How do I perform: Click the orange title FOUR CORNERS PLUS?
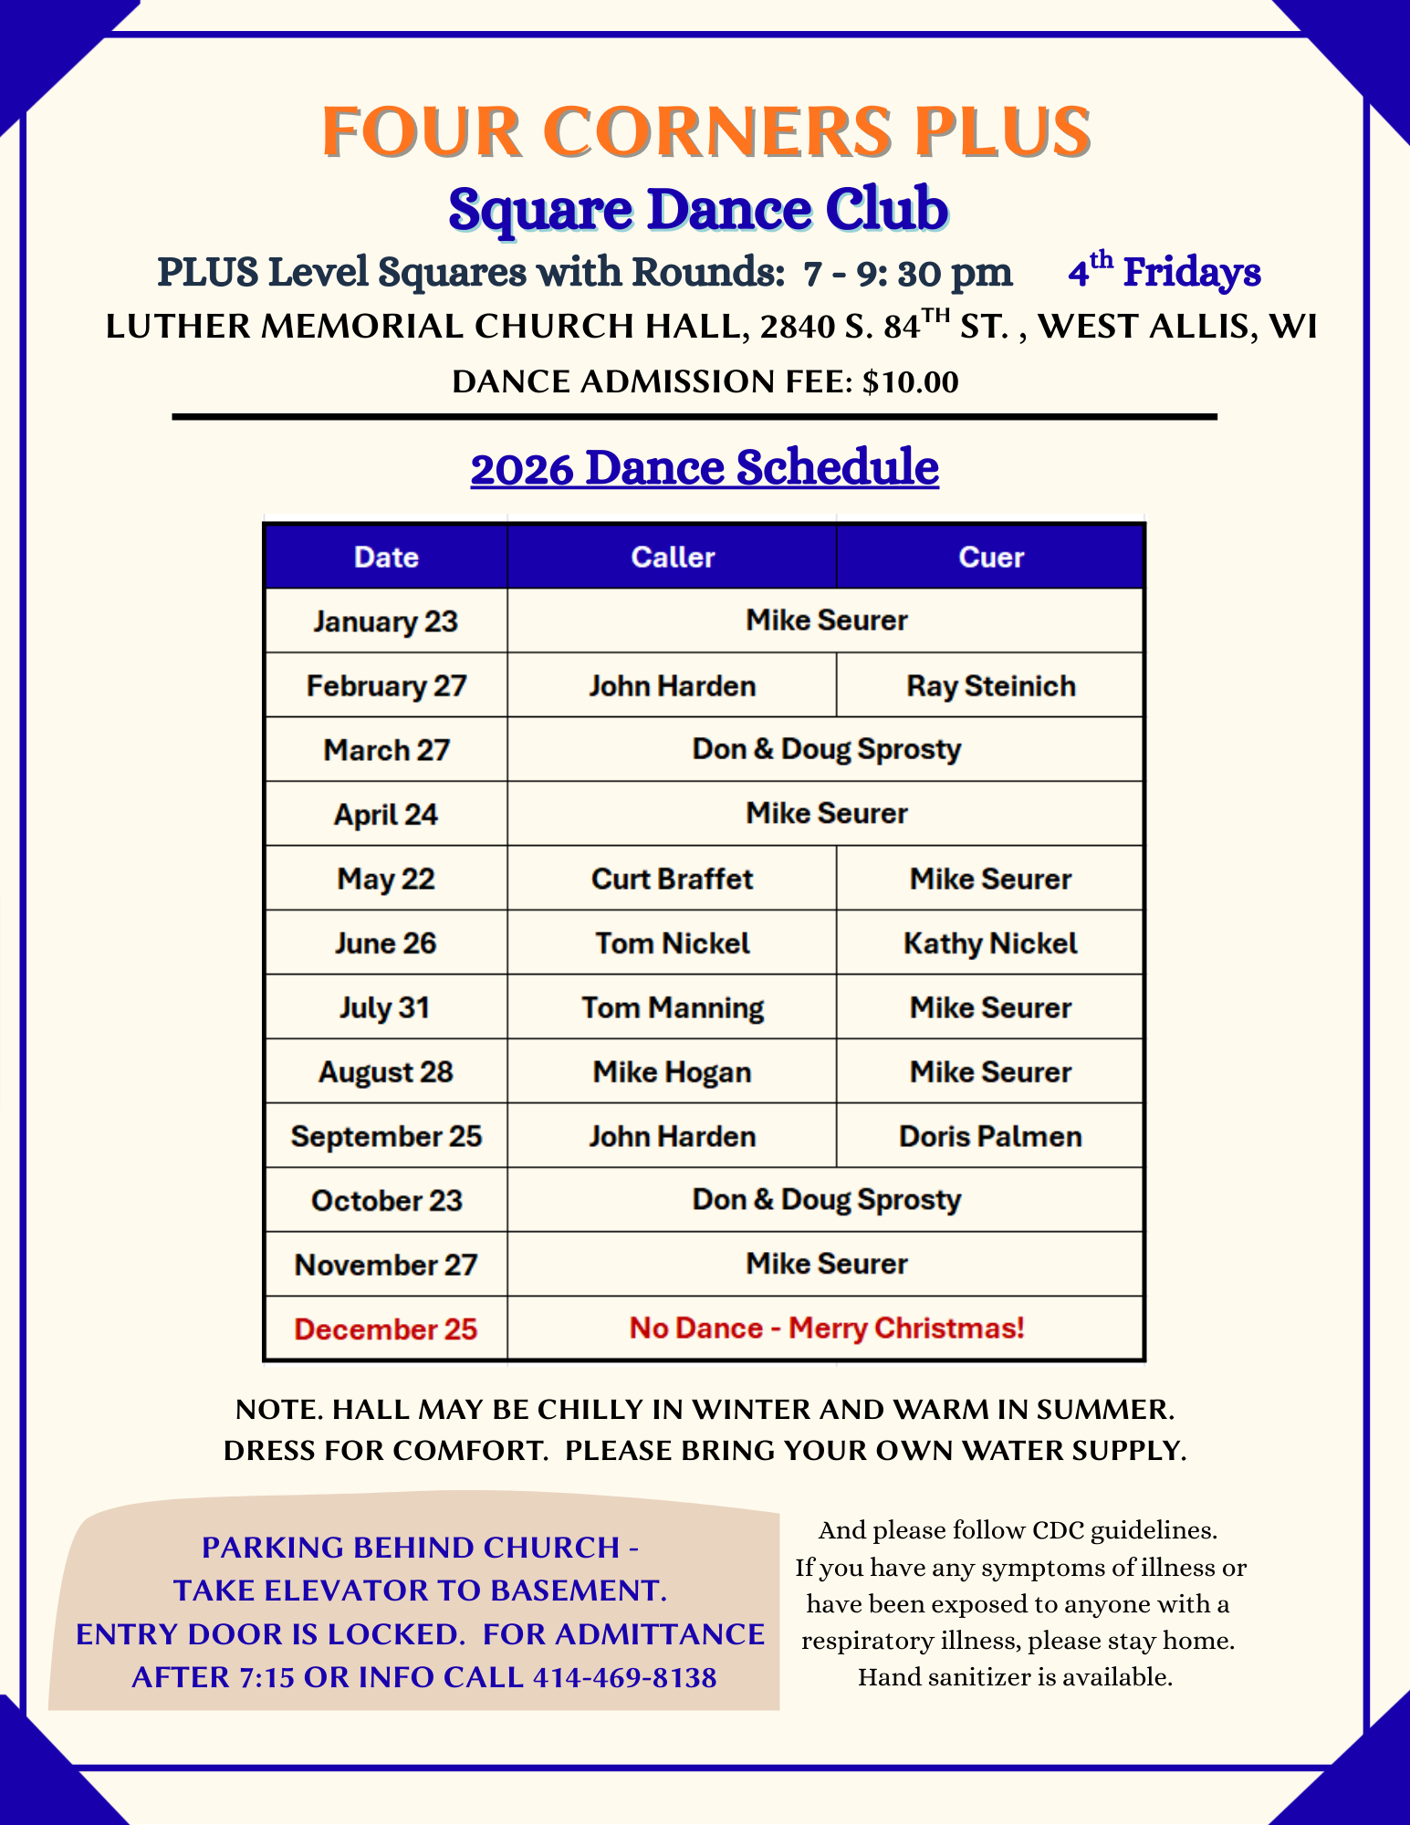pos(705,132)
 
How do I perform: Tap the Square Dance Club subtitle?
pos(698,209)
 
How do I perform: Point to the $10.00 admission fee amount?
pos(910,381)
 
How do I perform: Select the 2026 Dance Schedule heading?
pos(705,468)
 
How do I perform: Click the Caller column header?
pos(673,558)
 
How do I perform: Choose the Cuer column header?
pos(991,558)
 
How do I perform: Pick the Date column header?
pos(386,558)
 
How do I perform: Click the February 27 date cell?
pos(386,686)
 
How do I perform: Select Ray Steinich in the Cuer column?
pos(991,686)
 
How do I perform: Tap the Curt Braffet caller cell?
pos(673,879)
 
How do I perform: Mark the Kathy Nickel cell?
pos(991,944)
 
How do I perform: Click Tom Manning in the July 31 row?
pos(673,1008)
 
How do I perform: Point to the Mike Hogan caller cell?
pos(673,1072)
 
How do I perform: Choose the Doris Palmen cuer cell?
pos(991,1137)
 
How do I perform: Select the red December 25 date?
pos(386,1330)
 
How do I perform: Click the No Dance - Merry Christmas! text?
pos(827,1329)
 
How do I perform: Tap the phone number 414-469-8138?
pos(624,1678)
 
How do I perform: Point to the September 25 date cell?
pos(386,1137)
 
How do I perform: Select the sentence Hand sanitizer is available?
pos(1015,1677)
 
